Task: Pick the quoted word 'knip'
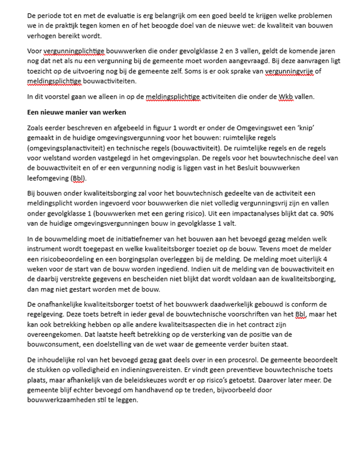coord(303,128)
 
